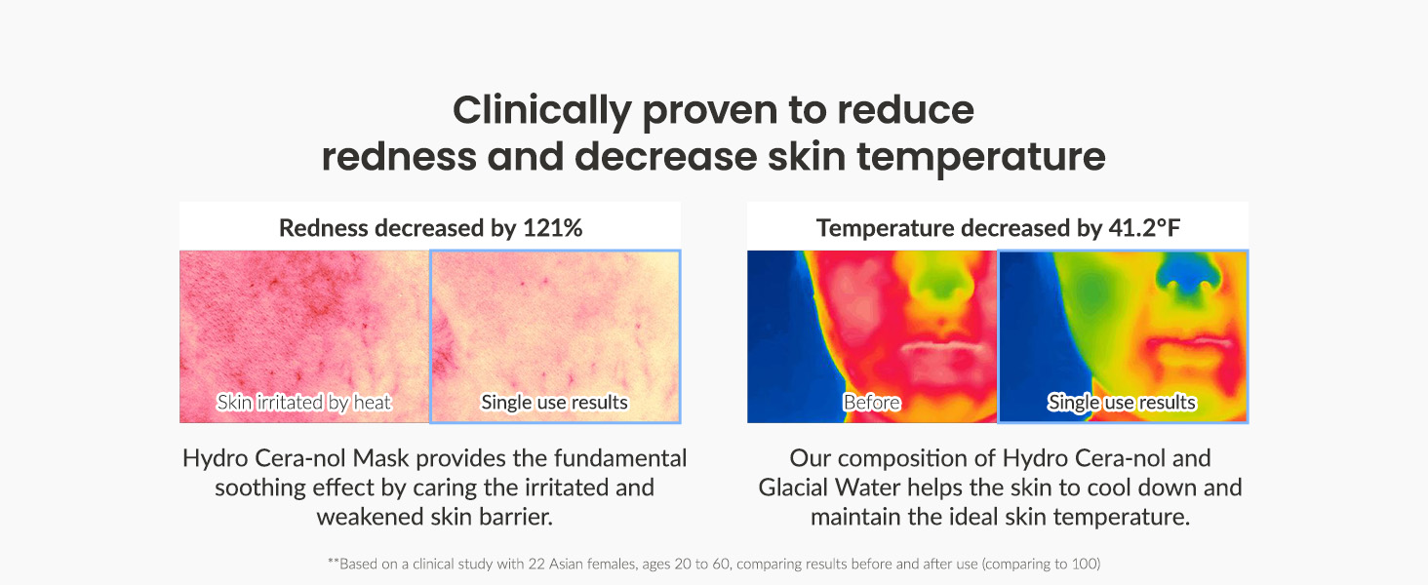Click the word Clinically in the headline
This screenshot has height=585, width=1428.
point(542,111)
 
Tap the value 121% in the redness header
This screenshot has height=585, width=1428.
point(553,228)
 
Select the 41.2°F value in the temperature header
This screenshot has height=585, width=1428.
point(1144,228)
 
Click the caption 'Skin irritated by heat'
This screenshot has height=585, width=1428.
point(304,402)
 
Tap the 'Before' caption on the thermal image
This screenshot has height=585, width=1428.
point(871,402)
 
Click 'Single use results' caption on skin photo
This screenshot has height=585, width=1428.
point(555,402)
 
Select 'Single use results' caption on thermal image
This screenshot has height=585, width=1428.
point(1122,402)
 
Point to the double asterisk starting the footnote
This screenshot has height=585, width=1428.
point(334,562)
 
